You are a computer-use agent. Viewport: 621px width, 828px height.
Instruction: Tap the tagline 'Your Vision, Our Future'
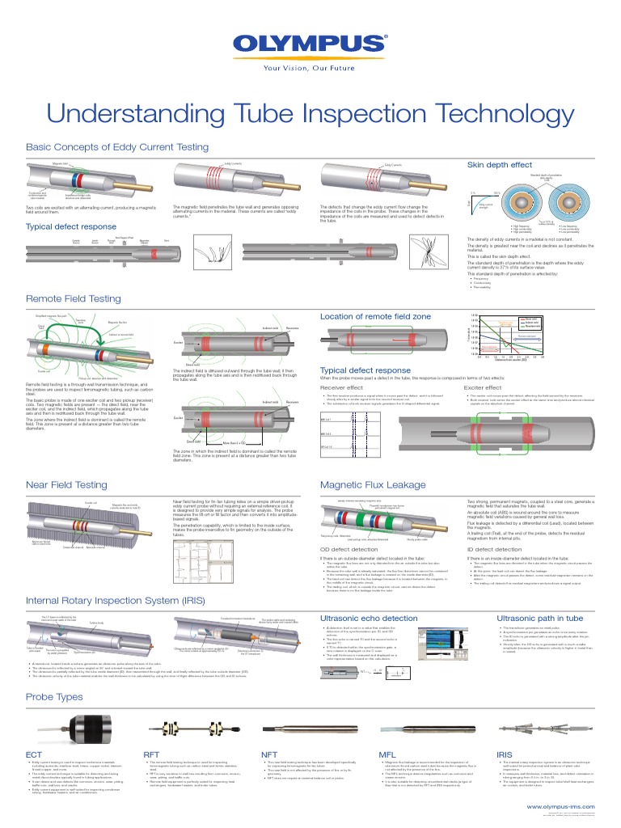tap(310, 68)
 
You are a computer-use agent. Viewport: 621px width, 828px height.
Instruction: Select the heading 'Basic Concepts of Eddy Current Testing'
tap(117, 147)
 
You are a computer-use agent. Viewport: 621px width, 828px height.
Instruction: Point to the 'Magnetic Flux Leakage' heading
tap(373, 484)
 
